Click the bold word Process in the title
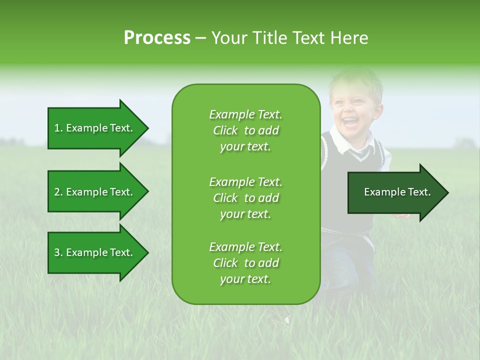click(157, 38)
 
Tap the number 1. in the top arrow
click(58, 128)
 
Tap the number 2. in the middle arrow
click(58, 192)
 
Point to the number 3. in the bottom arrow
click(58, 252)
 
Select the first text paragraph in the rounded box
click(245, 130)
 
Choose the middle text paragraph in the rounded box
click(245, 198)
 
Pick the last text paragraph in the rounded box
click(245, 263)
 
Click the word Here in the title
click(349, 38)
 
